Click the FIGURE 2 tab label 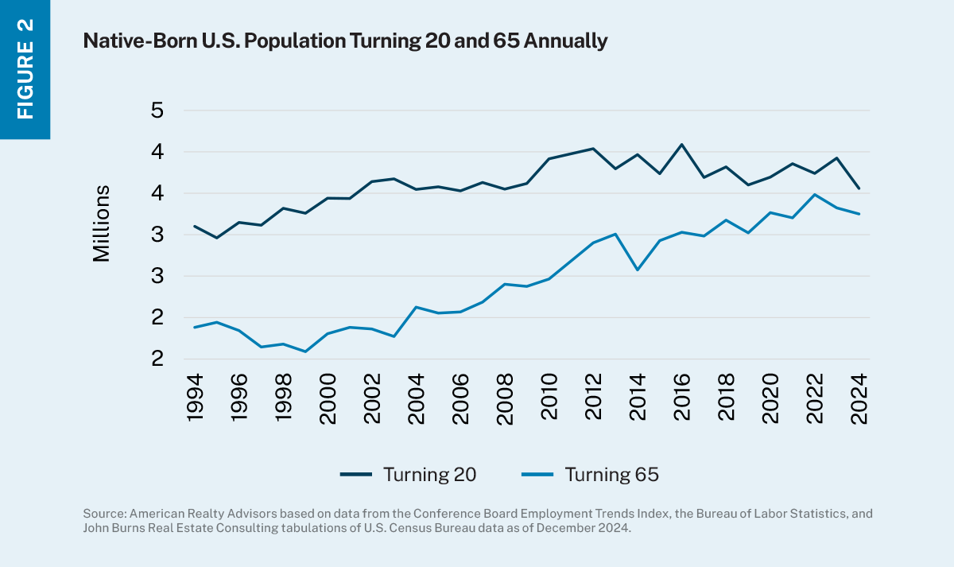(25, 69)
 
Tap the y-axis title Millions (101, 223)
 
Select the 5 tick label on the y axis (157, 111)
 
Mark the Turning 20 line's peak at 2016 (681, 145)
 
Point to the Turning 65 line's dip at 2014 (637, 270)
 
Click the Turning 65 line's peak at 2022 (814, 194)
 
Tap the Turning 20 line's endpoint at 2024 (859, 188)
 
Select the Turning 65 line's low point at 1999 (305, 351)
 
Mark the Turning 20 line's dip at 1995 (216, 238)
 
